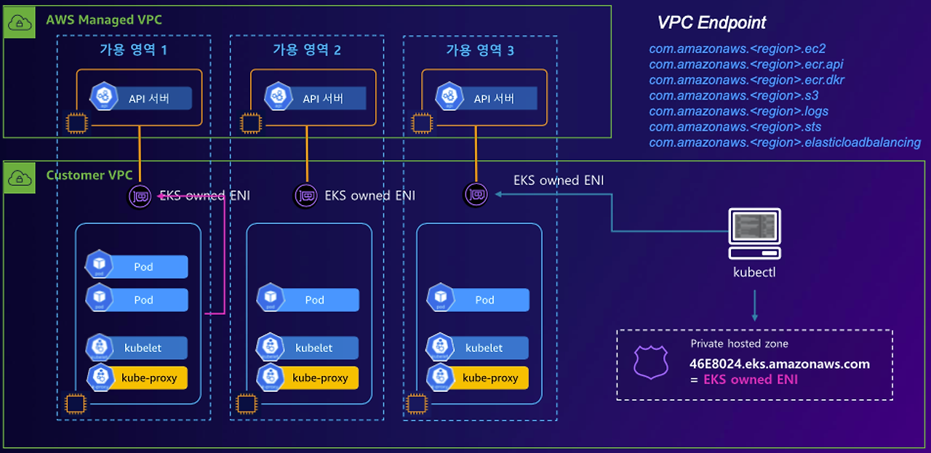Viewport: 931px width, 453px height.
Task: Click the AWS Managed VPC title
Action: [x=104, y=20]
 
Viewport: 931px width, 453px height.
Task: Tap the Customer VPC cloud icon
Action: [x=19, y=178]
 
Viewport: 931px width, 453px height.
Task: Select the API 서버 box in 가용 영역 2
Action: [x=316, y=98]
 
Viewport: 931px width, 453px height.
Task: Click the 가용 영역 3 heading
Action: [x=480, y=50]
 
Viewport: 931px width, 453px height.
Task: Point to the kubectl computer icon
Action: [x=754, y=234]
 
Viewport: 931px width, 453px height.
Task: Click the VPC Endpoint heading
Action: [x=711, y=23]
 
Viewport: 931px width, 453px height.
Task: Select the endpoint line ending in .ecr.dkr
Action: [x=747, y=80]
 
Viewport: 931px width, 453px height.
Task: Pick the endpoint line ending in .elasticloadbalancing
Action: [x=785, y=143]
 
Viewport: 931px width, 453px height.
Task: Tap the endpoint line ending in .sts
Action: [x=735, y=127]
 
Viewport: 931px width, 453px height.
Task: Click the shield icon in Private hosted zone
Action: [x=651, y=362]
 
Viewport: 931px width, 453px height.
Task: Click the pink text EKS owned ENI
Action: [x=751, y=380]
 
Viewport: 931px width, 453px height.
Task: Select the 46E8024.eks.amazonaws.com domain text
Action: [x=780, y=364]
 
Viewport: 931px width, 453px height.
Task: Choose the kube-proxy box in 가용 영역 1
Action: [x=137, y=377]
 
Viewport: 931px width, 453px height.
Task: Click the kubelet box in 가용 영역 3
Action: [x=478, y=347]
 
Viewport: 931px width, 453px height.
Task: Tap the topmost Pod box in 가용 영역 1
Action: [x=137, y=266]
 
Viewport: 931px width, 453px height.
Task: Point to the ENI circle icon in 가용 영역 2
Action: [x=306, y=196]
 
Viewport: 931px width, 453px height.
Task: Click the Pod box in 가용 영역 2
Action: [x=308, y=300]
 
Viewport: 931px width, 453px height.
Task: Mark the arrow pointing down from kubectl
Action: [x=755, y=305]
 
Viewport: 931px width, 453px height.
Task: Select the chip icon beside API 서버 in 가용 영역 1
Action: [x=77, y=123]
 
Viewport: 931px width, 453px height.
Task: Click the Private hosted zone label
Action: [x=740, y=344]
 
